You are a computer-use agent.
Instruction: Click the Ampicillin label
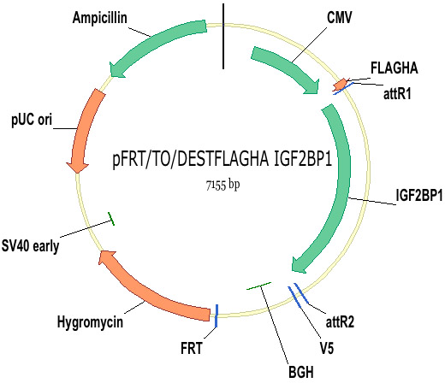point(99,18)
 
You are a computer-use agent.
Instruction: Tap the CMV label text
point(339,17)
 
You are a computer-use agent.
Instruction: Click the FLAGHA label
point(395,68)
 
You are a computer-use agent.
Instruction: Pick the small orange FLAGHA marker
point(341,85)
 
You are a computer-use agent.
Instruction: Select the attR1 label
point(397,93)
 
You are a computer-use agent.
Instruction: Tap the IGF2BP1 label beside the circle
point(419,196)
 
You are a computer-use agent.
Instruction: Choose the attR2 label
point(340,322)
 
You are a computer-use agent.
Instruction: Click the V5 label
point(327,348)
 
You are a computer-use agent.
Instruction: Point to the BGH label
point(301,372)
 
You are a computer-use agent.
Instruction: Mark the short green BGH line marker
point(258,286)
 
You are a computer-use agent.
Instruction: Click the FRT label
point(192,348)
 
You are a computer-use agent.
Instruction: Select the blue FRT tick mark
point(217,315)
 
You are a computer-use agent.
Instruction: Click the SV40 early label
point(30,245)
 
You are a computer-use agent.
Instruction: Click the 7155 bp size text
point(222,186)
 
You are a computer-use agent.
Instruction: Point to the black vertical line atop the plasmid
point(223,36)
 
